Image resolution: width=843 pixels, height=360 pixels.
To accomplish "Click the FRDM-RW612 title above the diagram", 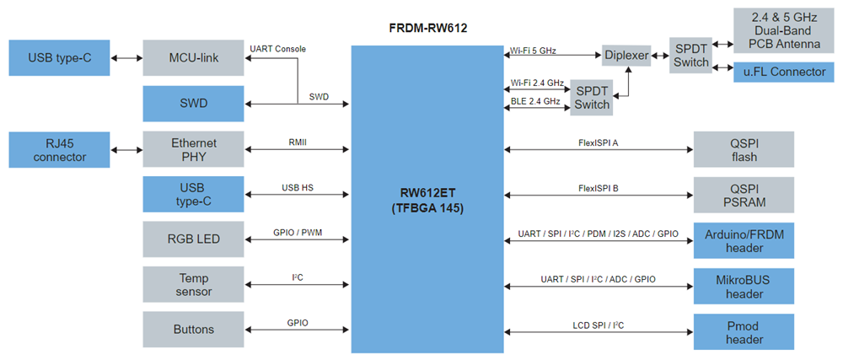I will click(427, 28).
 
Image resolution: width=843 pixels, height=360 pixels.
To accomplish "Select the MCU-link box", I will click(193, 58).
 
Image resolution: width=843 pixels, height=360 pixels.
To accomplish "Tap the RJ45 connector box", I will click(58, 149).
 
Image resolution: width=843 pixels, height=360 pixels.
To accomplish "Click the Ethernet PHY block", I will click(193, 149).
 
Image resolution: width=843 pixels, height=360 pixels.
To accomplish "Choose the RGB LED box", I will click(193, 239).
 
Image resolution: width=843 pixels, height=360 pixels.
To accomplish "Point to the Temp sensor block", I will click(193, 285).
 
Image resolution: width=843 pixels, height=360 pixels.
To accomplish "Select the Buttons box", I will click(193, 330).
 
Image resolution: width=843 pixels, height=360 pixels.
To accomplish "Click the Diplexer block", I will click(627, 55).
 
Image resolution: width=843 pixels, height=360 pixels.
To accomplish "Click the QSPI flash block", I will click(744, 149).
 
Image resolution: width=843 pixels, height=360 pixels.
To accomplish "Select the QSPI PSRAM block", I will click(744, 195).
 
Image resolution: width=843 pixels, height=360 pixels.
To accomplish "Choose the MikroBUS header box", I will click(744, 286).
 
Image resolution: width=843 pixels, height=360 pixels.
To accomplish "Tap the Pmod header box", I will click(744, 331).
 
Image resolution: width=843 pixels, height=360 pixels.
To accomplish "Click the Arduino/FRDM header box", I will click(744, 240).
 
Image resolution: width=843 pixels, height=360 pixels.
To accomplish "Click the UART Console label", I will click(278, 49).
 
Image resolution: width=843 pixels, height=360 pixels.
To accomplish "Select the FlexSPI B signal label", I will click(599, 188).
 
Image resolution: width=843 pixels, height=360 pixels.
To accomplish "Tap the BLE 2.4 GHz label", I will click(535, 101).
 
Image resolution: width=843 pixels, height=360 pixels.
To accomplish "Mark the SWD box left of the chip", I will click(193, 104).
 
